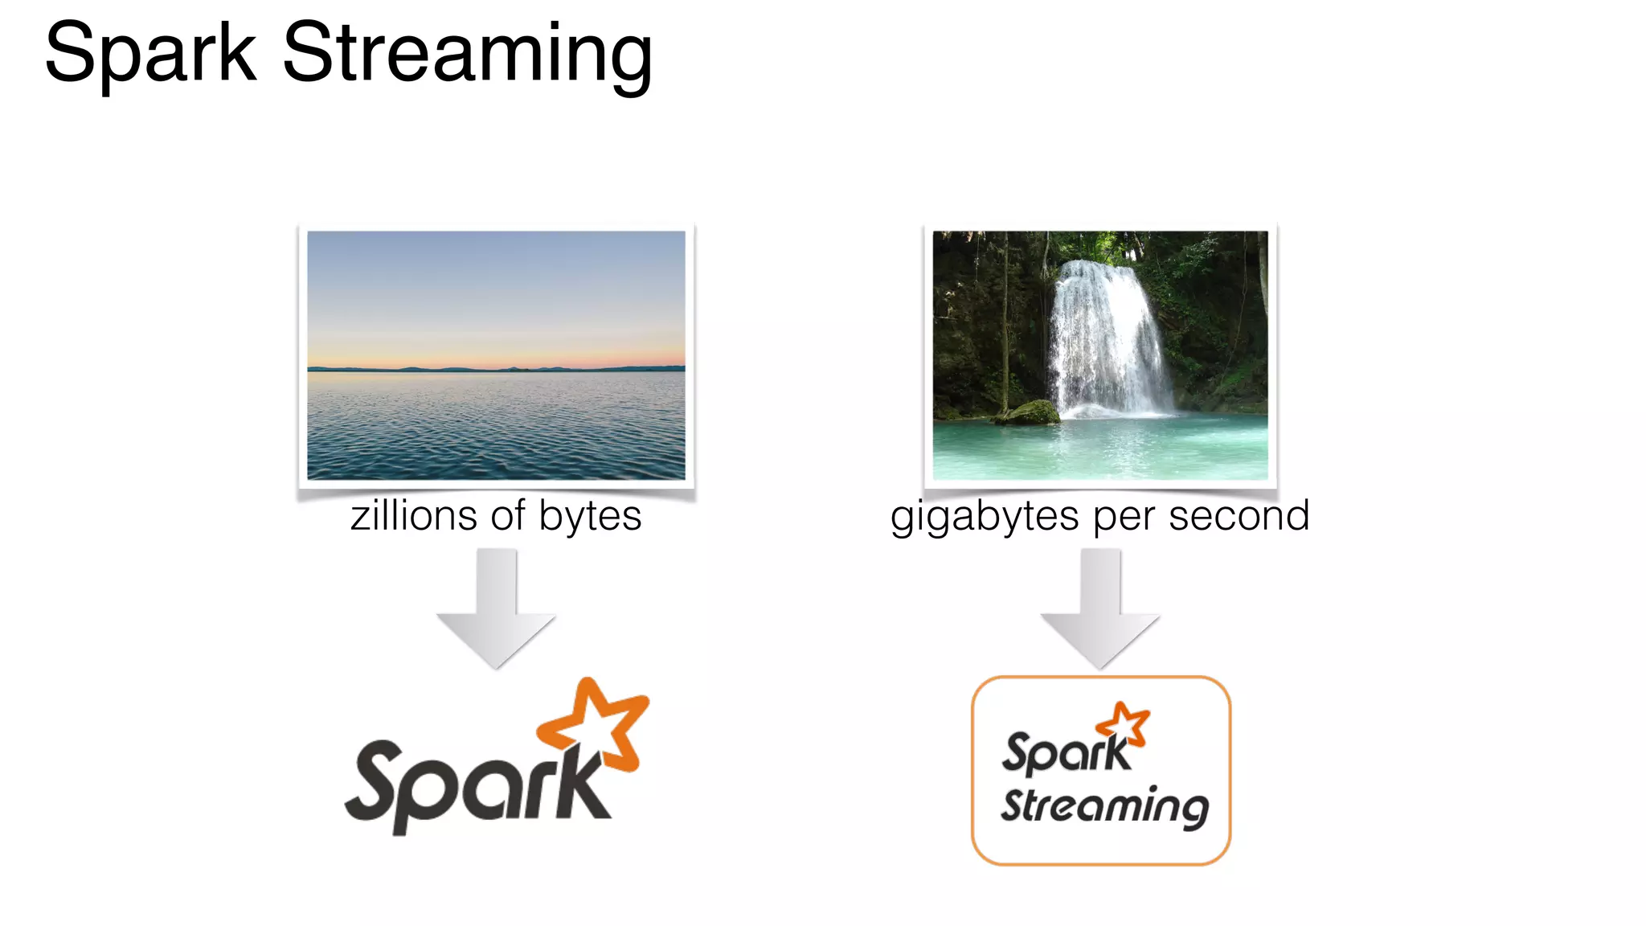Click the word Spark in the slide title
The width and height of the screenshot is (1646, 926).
coord(150,53)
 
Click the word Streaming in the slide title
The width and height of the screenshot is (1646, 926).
coord(468,55)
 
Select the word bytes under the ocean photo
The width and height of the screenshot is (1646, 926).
coord(590,517)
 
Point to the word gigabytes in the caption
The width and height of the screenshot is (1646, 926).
coord(985,517)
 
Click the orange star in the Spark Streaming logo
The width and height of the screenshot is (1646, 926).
coord(1124,723)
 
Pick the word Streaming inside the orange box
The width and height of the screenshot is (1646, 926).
coord(1104,806)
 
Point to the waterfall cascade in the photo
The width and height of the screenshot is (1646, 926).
coord(1105,338)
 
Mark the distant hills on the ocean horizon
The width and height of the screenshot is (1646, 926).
coord(450,368)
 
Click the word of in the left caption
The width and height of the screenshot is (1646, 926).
coord(510,515)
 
